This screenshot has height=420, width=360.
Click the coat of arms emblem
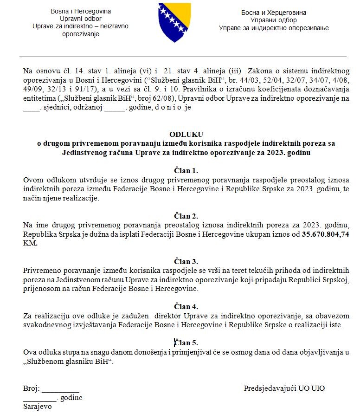click(x=174, y=23)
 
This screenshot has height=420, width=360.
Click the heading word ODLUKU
click(x=186, y=135)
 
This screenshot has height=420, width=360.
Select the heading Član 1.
click(x=186, y=170)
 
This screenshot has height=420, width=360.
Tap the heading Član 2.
click(x=186, y=216)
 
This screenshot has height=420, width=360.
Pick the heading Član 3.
click(x=186, y=261)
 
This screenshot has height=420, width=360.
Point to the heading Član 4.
click(x=186, y=306)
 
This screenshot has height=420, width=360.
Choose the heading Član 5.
click(x=186, y=343)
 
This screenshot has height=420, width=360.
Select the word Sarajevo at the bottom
click(x=38, y=407)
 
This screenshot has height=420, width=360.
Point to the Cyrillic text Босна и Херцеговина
click(x=274, y=13)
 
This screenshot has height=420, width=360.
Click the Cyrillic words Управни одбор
click(x=274, y=20)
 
